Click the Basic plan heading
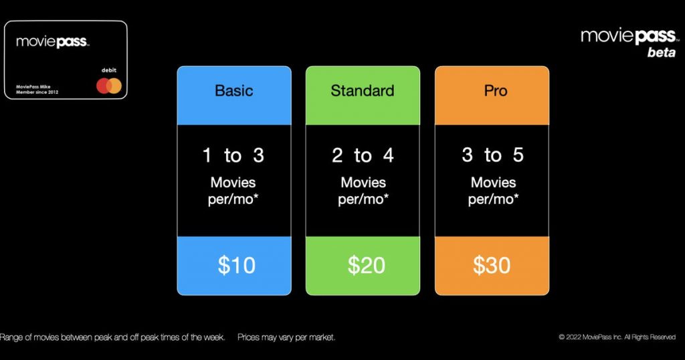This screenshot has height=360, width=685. (x=233, y=90)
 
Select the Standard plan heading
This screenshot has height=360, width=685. (x=362, y=90)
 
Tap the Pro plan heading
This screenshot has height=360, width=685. (x=496, y=90)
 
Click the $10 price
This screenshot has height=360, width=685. (x=236, y=265)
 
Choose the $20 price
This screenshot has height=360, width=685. (x=366, y=265)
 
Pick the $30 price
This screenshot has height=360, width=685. (x=492, y=265)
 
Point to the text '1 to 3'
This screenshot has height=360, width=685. (x=233, y=155)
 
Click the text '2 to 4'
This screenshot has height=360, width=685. (x=363, y=155)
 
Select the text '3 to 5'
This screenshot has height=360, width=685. (x=492, y=155)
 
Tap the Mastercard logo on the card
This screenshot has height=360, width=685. (x=109, y=86)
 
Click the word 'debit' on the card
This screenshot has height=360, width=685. (x=109, y=70)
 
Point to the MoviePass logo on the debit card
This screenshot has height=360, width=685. (x=52, y=42)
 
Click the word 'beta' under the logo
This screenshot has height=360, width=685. (x=662, y=52)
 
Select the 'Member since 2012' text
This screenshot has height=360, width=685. (x=37, y=92)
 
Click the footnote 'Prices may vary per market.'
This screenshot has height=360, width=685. (x=286, y=337)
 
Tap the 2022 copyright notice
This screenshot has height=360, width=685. (x=617, y=337)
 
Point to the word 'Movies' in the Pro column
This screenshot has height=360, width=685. (x=493, y=182)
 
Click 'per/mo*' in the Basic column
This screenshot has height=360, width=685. (x=233, y=199)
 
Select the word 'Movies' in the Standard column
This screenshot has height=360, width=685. (x=363, y=182)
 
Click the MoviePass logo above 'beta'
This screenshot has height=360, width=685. (x=629, y=36)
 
